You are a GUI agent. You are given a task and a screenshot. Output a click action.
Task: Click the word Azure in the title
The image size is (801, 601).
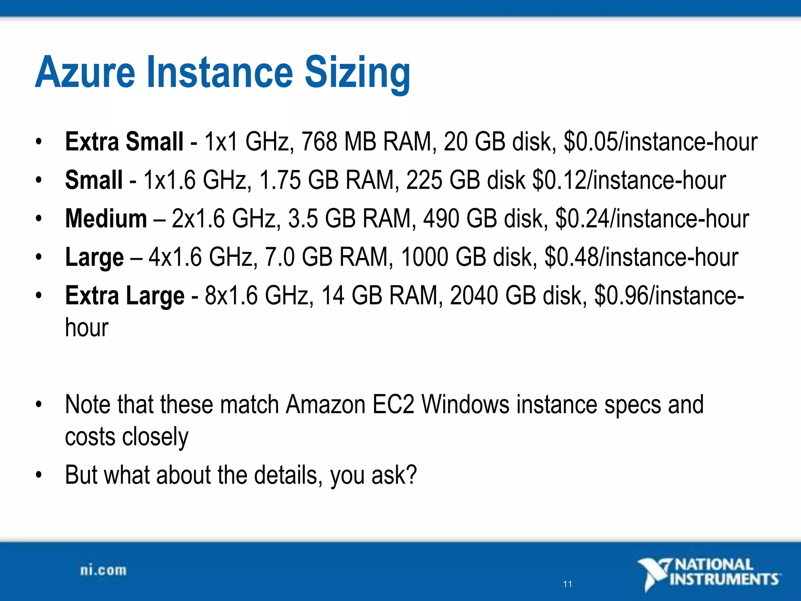(x=85, y=72)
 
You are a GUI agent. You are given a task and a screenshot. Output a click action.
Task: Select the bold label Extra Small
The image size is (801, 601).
(x=124, y=141)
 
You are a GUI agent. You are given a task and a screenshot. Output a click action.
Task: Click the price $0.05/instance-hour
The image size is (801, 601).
(x=660, y=141)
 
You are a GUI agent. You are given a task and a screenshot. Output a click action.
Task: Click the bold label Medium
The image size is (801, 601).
(x=106, y=218)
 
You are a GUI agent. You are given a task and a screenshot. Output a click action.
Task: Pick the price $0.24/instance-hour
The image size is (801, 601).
(x=652, y=218)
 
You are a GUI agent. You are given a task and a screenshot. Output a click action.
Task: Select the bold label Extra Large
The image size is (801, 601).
(x=125, y=295)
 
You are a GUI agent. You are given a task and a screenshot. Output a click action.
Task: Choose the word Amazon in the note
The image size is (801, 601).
(x=325, y=404)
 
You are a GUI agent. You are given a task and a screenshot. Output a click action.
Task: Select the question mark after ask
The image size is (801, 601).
(x=411, y=475)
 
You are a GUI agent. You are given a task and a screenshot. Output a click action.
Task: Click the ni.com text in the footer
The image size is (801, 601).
(x=103, y=570)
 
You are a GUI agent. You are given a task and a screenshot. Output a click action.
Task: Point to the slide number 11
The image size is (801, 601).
(x=568, y=584)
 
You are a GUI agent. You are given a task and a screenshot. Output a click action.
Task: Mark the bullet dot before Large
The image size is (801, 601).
(x=38, y=257)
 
